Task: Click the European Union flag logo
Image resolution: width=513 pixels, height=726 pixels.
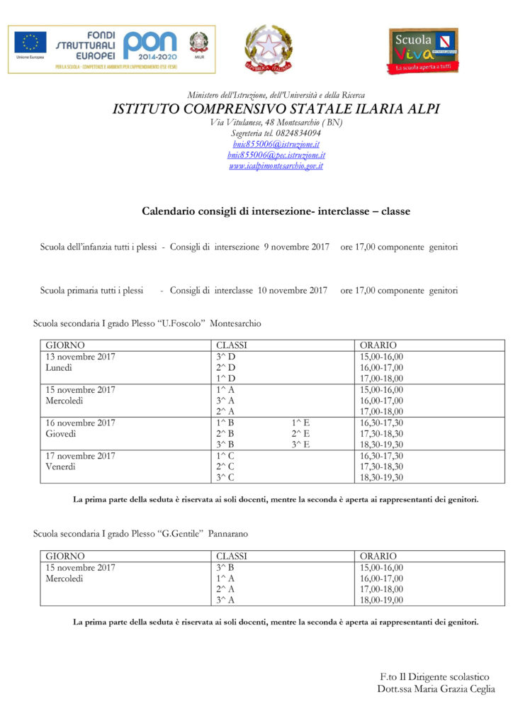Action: [30, 44]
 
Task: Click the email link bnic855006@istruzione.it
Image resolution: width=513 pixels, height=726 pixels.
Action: [276, 144]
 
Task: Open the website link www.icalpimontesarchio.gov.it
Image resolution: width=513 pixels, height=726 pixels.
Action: [276, 166]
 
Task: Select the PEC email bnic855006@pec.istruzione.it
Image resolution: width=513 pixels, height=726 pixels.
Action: [276, 155]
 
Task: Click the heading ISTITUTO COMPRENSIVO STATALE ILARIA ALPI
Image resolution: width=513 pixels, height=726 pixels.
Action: [276, 109]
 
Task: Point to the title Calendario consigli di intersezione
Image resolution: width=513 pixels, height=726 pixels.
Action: [276, 211]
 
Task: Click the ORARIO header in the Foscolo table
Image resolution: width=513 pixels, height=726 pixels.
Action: [378, 345]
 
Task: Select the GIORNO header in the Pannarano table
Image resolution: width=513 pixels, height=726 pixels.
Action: [64, 557]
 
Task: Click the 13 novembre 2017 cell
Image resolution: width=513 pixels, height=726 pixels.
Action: [80, 356]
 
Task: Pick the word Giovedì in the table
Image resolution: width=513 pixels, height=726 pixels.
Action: [60, 434]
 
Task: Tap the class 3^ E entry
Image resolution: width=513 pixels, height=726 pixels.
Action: [300, 445]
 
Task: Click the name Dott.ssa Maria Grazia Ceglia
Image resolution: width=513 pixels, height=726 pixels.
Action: [436, 689]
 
